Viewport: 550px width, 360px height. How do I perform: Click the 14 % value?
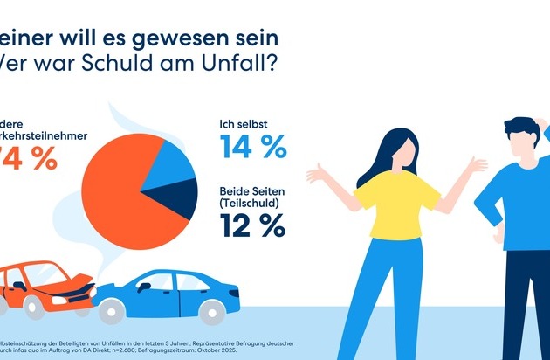click(253, 146)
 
